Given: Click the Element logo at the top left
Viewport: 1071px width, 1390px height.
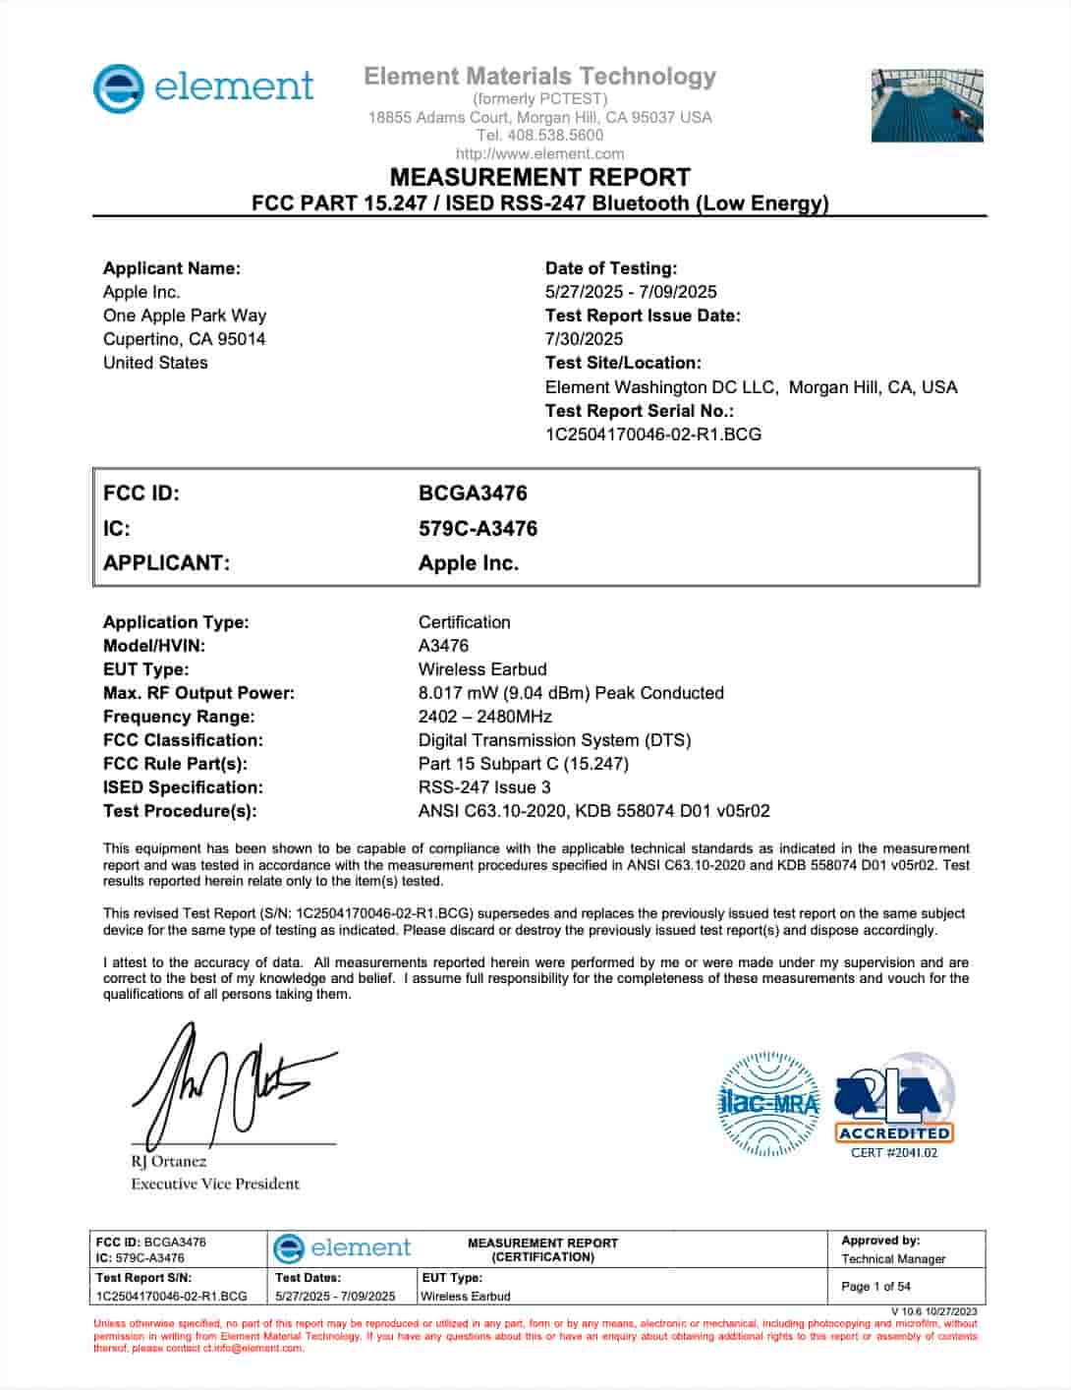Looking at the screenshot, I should point(203,88).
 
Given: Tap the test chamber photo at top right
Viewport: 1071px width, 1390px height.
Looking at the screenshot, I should point(927,105).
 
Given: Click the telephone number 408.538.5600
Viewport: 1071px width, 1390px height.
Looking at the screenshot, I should point(539,136).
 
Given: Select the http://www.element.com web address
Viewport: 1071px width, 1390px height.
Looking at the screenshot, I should point(539,153).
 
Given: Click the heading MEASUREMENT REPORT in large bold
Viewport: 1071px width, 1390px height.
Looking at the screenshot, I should point(539,178).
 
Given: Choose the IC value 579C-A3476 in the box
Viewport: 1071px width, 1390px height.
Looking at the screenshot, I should point(478,529).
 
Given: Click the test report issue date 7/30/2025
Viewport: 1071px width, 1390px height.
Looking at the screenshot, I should point(584,339).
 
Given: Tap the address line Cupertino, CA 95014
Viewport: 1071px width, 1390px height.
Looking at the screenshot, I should point(184,339).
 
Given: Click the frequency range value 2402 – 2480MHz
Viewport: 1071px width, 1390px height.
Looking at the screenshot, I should point(485,717).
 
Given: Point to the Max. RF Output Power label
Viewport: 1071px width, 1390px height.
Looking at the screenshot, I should point(198,693).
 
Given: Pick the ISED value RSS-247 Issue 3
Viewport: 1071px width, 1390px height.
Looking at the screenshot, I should point(484,787).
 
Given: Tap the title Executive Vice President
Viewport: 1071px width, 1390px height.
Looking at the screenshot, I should point(215,1184).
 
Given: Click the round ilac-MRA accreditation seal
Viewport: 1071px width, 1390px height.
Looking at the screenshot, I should point(769,1103).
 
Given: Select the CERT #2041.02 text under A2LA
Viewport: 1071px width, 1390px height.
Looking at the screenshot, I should point(894,1153).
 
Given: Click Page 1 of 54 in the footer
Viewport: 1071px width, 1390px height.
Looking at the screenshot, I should point(875,1286).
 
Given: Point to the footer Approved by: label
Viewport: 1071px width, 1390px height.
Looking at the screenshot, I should point(880,1241).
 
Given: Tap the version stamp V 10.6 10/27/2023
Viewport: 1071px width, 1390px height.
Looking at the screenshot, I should point(934,1311).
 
